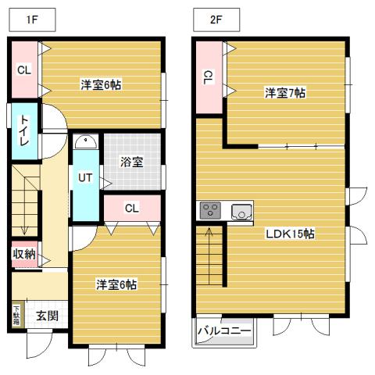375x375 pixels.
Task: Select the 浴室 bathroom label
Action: [131, 162]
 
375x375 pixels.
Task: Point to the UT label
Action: [85, 177]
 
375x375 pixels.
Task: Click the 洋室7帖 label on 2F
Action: [284, 93]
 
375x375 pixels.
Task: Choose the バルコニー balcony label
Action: [224, 331]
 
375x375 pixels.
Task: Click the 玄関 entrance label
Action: [46, 316]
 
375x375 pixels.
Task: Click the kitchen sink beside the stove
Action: [241, 210]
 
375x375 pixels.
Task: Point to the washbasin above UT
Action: [85, 142]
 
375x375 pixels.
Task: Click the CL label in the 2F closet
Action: [208, 77]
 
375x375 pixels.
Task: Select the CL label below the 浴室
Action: [131, 208]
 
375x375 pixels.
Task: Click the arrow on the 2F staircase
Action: [209, 233]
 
